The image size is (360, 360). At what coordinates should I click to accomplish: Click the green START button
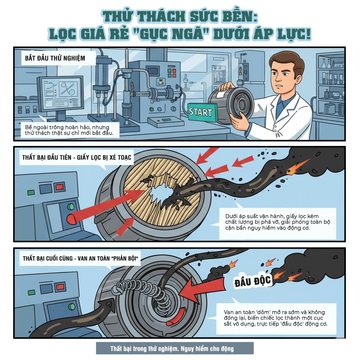click(202, 112)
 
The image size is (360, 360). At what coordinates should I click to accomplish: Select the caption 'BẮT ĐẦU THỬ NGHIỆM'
click(55, 58)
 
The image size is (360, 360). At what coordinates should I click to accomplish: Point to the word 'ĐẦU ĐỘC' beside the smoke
click(252, 281)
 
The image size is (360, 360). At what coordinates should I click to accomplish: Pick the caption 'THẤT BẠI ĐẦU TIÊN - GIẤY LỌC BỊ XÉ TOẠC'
click(77, 157)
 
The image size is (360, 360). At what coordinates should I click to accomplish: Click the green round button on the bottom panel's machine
click(72, 307)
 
